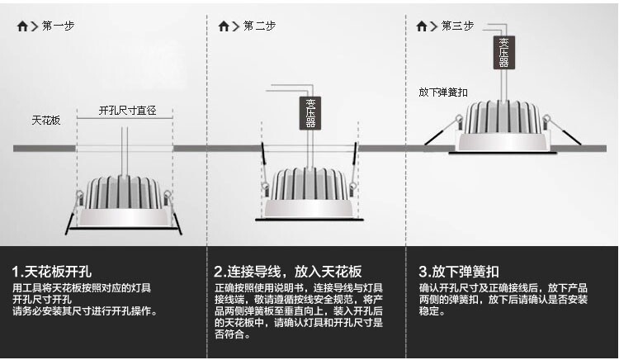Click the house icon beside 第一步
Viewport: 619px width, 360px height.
coord(22,26)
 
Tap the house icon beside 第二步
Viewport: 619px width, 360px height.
coord(224,26)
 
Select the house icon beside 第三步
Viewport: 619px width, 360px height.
coord(423,26)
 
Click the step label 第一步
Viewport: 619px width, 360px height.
coord(58,26)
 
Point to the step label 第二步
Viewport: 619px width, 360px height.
coord(259,26)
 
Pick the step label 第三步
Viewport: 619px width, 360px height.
coord(458,26)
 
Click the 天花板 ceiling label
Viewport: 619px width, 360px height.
coord(46,121)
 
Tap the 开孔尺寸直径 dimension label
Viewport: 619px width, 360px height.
coord(127,110)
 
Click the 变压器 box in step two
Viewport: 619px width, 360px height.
coord(310,112)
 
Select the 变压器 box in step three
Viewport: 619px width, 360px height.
coord(503,51)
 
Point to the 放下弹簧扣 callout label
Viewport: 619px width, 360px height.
coord(443,92)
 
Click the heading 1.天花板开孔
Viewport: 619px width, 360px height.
coord(51,272)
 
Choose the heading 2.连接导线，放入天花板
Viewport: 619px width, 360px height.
coord(288,272)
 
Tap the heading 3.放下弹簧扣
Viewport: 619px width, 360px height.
coord(459,272)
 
